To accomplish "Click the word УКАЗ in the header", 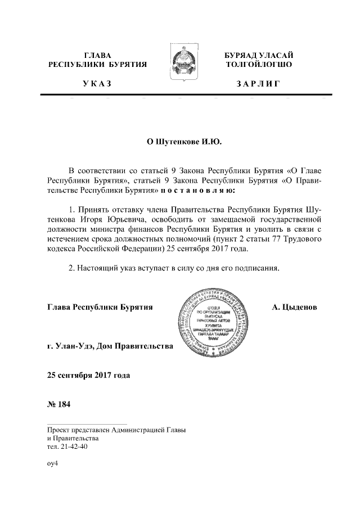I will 97,84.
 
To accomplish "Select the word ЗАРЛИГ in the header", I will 258,84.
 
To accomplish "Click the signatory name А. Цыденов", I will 295,308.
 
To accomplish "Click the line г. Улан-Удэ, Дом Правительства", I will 110,345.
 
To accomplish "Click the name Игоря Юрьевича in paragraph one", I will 97,219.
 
